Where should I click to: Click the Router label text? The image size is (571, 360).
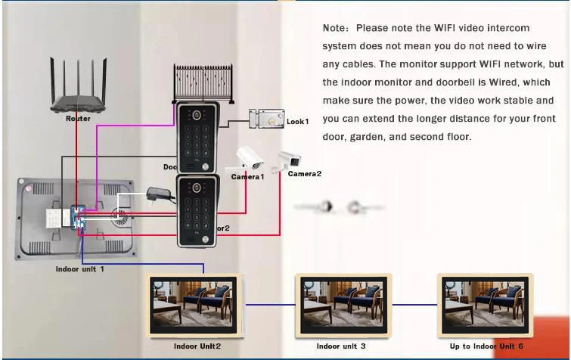pyautogui.click(x=78, y=119)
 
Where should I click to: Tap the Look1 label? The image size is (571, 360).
pyautogui.click(x=297, y=121)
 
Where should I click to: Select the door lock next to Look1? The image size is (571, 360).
pyautogui.click(x=265, y=119)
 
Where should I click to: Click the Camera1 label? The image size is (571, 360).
pyautogui.click(x=247, y=176)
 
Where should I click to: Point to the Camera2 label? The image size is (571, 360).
pyautogui.click(x=304, y=174)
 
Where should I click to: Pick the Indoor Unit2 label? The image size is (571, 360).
pyautogui.click(x=197, y=346)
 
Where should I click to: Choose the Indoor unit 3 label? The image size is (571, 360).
pyautogui.click(x=340, y=346)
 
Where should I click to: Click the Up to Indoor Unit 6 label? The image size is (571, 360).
pyautogui.click(x=486, y=346)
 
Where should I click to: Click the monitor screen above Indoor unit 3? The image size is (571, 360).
pyautogui.click(x=340, y=304)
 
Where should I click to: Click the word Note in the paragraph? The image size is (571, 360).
pyautogui.click(x=335, y=28)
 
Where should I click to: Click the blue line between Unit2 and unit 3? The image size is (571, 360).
pyautogui.click(x=268, y=305)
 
